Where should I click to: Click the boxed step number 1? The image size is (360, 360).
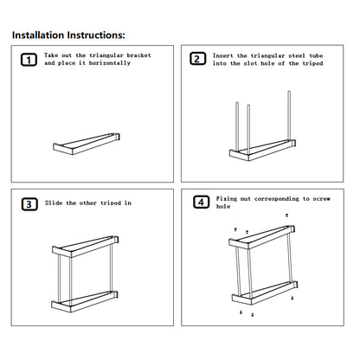click(29, 60)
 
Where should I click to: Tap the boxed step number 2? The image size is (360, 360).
click(197, 59)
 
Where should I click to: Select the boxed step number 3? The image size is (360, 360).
click(29, 204)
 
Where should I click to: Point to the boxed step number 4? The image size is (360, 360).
click(201, 202)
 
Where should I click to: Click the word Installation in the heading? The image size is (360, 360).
click(38, 35)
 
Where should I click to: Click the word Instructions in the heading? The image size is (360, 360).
click(96, 35)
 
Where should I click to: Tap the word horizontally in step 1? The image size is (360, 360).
click(110, 63)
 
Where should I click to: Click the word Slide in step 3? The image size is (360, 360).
click(54, 202)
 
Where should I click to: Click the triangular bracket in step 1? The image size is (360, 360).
click(87, 144)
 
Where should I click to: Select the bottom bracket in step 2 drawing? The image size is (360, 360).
click(262, 150)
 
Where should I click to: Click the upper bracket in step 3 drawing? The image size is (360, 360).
click(86, 247)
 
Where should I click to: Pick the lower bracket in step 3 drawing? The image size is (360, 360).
click(85, 301)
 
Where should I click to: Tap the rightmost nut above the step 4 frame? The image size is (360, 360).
click(286, 215)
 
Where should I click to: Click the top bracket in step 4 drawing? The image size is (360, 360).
click(262, 237)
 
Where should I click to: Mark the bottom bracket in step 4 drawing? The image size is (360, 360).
click(265, 292)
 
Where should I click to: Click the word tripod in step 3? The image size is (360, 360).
click(111, 203)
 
